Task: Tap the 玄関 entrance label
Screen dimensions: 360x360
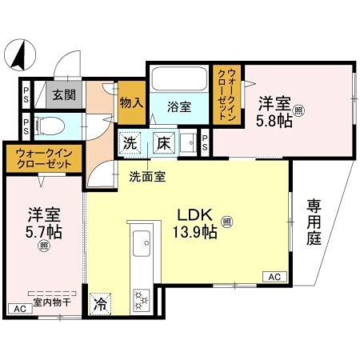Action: coord(64,94)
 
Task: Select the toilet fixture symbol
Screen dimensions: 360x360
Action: coord(49,126)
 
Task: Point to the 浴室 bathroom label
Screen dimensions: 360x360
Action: coord(178,106)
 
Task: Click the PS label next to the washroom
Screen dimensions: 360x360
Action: coord(205,143)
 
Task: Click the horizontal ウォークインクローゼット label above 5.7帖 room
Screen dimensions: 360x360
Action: coord(39,158)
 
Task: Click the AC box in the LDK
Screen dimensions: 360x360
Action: coord(274,277)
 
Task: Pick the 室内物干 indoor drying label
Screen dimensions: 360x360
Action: coord(50,302)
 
